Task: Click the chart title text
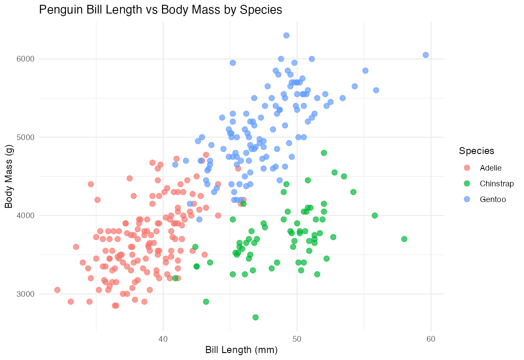tap(160, 10)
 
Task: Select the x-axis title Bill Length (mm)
tap(241, 350)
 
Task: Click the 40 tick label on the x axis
tap(163, 339)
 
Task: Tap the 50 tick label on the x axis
tap(297, 339)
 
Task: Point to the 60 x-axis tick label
tap(431, 339)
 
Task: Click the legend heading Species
tap(476, 151)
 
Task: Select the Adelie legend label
tap(491, 168)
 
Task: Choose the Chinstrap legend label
tap(496, 183)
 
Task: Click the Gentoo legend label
tap(493, 199)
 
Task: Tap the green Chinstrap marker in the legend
tap(467, 183)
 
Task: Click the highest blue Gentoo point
tap(286, 35)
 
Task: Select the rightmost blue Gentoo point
tap(426, 55)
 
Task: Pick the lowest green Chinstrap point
tap(255, 317)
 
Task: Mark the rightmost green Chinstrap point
tap(404, 239)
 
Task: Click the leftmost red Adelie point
tap(57, 290)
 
